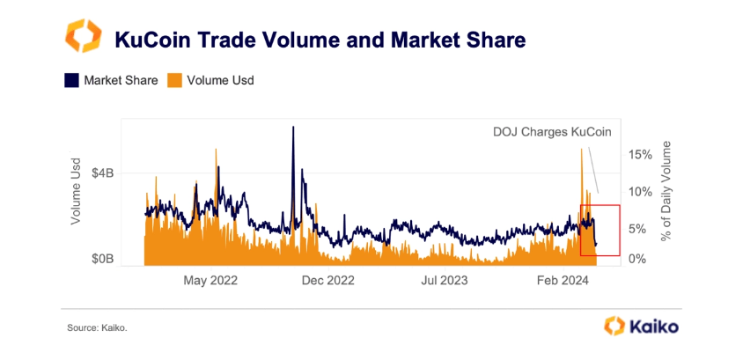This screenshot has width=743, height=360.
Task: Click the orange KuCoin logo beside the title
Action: pos(84,38)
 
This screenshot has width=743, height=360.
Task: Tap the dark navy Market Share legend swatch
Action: pos(71,80)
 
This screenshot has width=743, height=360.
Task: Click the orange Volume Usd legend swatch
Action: pos(174,80)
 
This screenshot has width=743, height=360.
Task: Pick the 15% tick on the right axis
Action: pos(640,154)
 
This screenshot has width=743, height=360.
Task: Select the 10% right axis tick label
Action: pos(640,191)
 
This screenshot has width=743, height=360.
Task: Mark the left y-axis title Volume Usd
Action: pos(77,189)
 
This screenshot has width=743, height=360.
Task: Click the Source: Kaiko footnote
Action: pos(97,328)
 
